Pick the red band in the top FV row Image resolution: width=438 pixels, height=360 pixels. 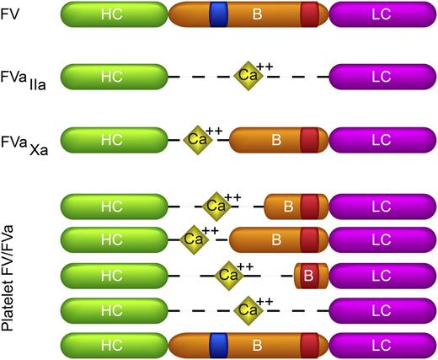point(310,13)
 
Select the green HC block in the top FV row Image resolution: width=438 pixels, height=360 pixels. point(112,13)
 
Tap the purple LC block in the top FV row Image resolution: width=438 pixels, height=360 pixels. point(380,13)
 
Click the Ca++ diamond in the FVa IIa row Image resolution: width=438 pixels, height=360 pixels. point(248,75)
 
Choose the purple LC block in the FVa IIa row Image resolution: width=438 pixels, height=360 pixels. point(380,76)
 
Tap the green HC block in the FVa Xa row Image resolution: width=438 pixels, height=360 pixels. point(112,139)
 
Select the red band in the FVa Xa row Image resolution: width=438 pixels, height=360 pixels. point(310,139)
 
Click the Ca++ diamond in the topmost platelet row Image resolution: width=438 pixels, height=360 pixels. point(216,205)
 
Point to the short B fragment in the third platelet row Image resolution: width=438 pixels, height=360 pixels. point(309,275)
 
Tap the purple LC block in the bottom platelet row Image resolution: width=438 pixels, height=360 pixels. point(380,345)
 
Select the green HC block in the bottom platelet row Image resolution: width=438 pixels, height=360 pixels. point(112,345)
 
